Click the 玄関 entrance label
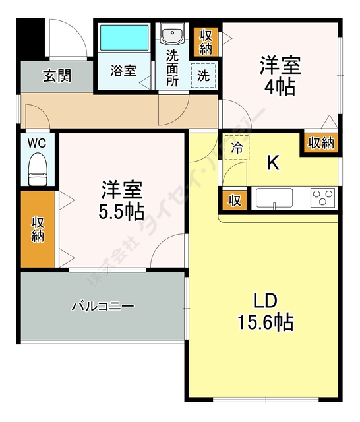coord(57,76)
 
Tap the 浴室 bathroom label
coord(123,71)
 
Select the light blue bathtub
coord(125,40)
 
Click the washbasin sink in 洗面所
coord(173,35)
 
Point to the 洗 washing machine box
coord(204,75)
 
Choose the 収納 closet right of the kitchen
coord(320,143)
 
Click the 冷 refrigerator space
coord(237,148)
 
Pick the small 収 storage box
coord(234,200)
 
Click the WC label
coord(36,143)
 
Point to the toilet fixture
coord(38,171)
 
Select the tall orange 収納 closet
coord(38,228)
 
